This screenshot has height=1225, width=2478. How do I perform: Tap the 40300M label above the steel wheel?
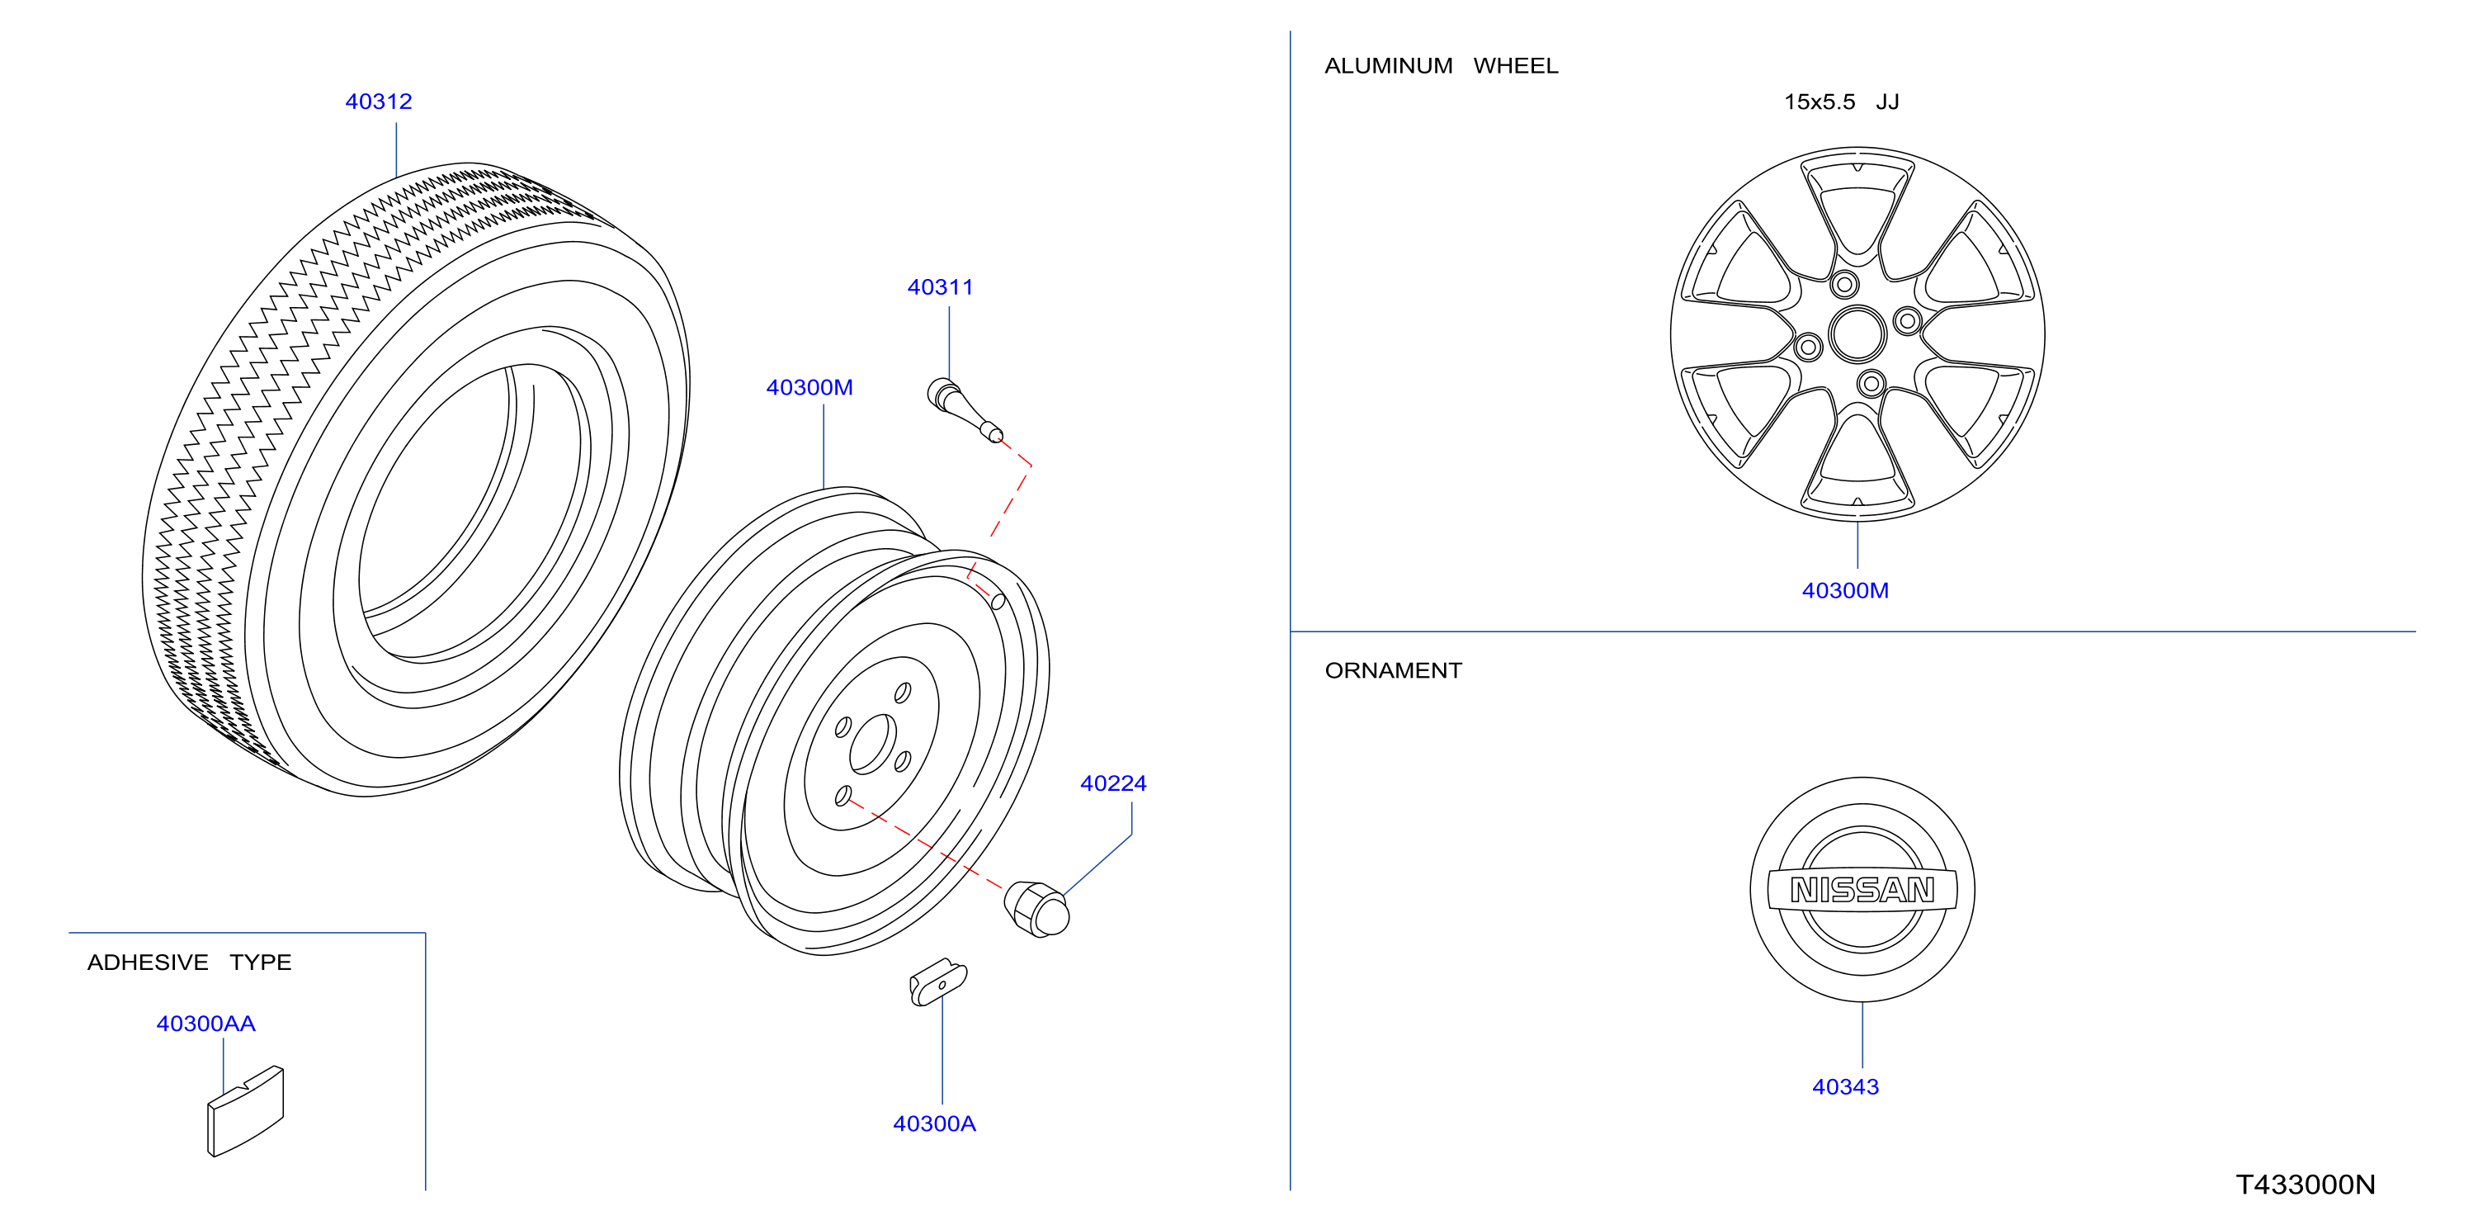[809, 388]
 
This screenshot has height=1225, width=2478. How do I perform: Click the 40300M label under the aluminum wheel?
[1845, 591]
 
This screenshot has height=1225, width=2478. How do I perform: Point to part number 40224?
[1113, 784]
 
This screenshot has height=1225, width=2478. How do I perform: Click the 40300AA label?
[205, 1024]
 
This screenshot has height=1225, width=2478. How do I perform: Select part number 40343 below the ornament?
[1845, 1087]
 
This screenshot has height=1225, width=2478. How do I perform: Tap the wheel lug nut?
[1037, 908]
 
